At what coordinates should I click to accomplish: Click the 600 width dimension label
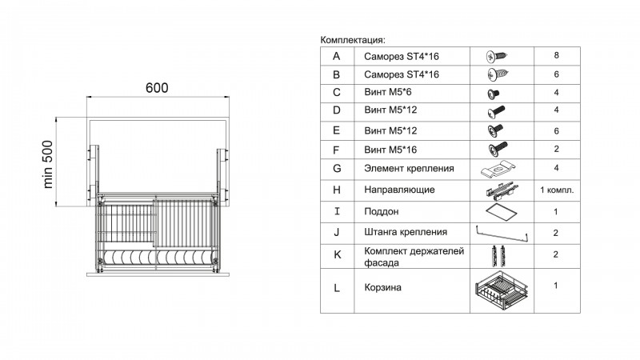tap(157, 88)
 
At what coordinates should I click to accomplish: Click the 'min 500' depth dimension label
tap(48, 164)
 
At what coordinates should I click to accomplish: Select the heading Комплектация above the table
tap(353, 40)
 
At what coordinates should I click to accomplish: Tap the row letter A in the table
tap(336, 56)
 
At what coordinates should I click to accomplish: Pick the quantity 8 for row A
tap(556, 55)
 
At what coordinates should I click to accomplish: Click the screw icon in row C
tap(494, 94)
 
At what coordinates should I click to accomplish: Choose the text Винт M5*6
tap(388, 92)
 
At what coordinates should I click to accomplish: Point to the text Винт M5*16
tap(390, 150)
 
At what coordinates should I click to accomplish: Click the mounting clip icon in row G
tap(498, 169)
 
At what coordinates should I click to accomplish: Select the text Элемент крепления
tap(409, 168)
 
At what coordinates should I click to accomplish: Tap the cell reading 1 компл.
tap(557, 190)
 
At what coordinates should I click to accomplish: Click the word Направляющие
tap(399, 190)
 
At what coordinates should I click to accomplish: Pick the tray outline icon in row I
tap(502, 211)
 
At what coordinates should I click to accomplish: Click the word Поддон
tap(382, 211)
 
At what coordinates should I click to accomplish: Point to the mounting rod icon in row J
tap(502, 234)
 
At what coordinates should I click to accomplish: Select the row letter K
tap(337, 254)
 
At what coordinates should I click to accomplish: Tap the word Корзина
tap(383, 287)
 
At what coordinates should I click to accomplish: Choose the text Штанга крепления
tap(406, 232)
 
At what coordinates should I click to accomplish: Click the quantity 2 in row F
tap(556, 149)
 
